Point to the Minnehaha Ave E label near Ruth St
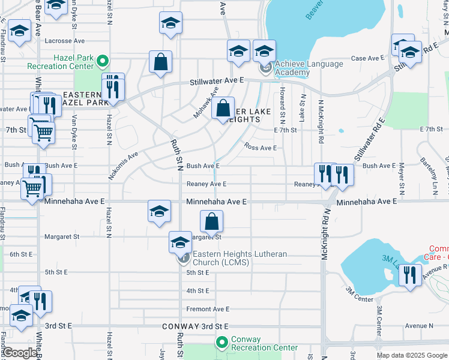[216, 202]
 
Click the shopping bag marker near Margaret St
[212, 222]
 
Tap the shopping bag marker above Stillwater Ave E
[161, 62]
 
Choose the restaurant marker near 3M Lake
[410, 276]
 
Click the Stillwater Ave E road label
[217, 80]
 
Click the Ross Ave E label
[260, 148]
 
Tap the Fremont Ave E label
[208, 309]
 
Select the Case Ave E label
[367, 58]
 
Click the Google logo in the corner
[20, 353]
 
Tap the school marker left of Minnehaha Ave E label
[159, 212]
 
